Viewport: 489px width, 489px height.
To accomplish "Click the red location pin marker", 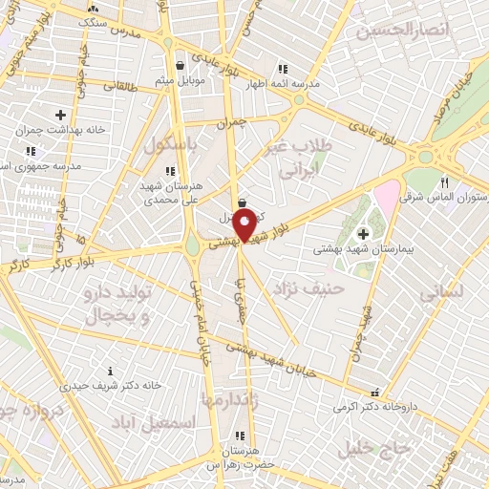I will [244, 227].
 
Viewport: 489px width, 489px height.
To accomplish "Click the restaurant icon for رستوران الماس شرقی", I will [444, 182].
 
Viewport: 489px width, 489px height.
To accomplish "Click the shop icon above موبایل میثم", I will [181, 66].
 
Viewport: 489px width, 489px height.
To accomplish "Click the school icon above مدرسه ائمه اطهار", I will [282, 69].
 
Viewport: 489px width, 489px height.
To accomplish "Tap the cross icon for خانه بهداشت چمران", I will [60, 115].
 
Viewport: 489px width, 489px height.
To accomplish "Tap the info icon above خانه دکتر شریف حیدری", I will [110, 371].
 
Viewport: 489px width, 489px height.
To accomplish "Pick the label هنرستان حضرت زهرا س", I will [239, 457].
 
